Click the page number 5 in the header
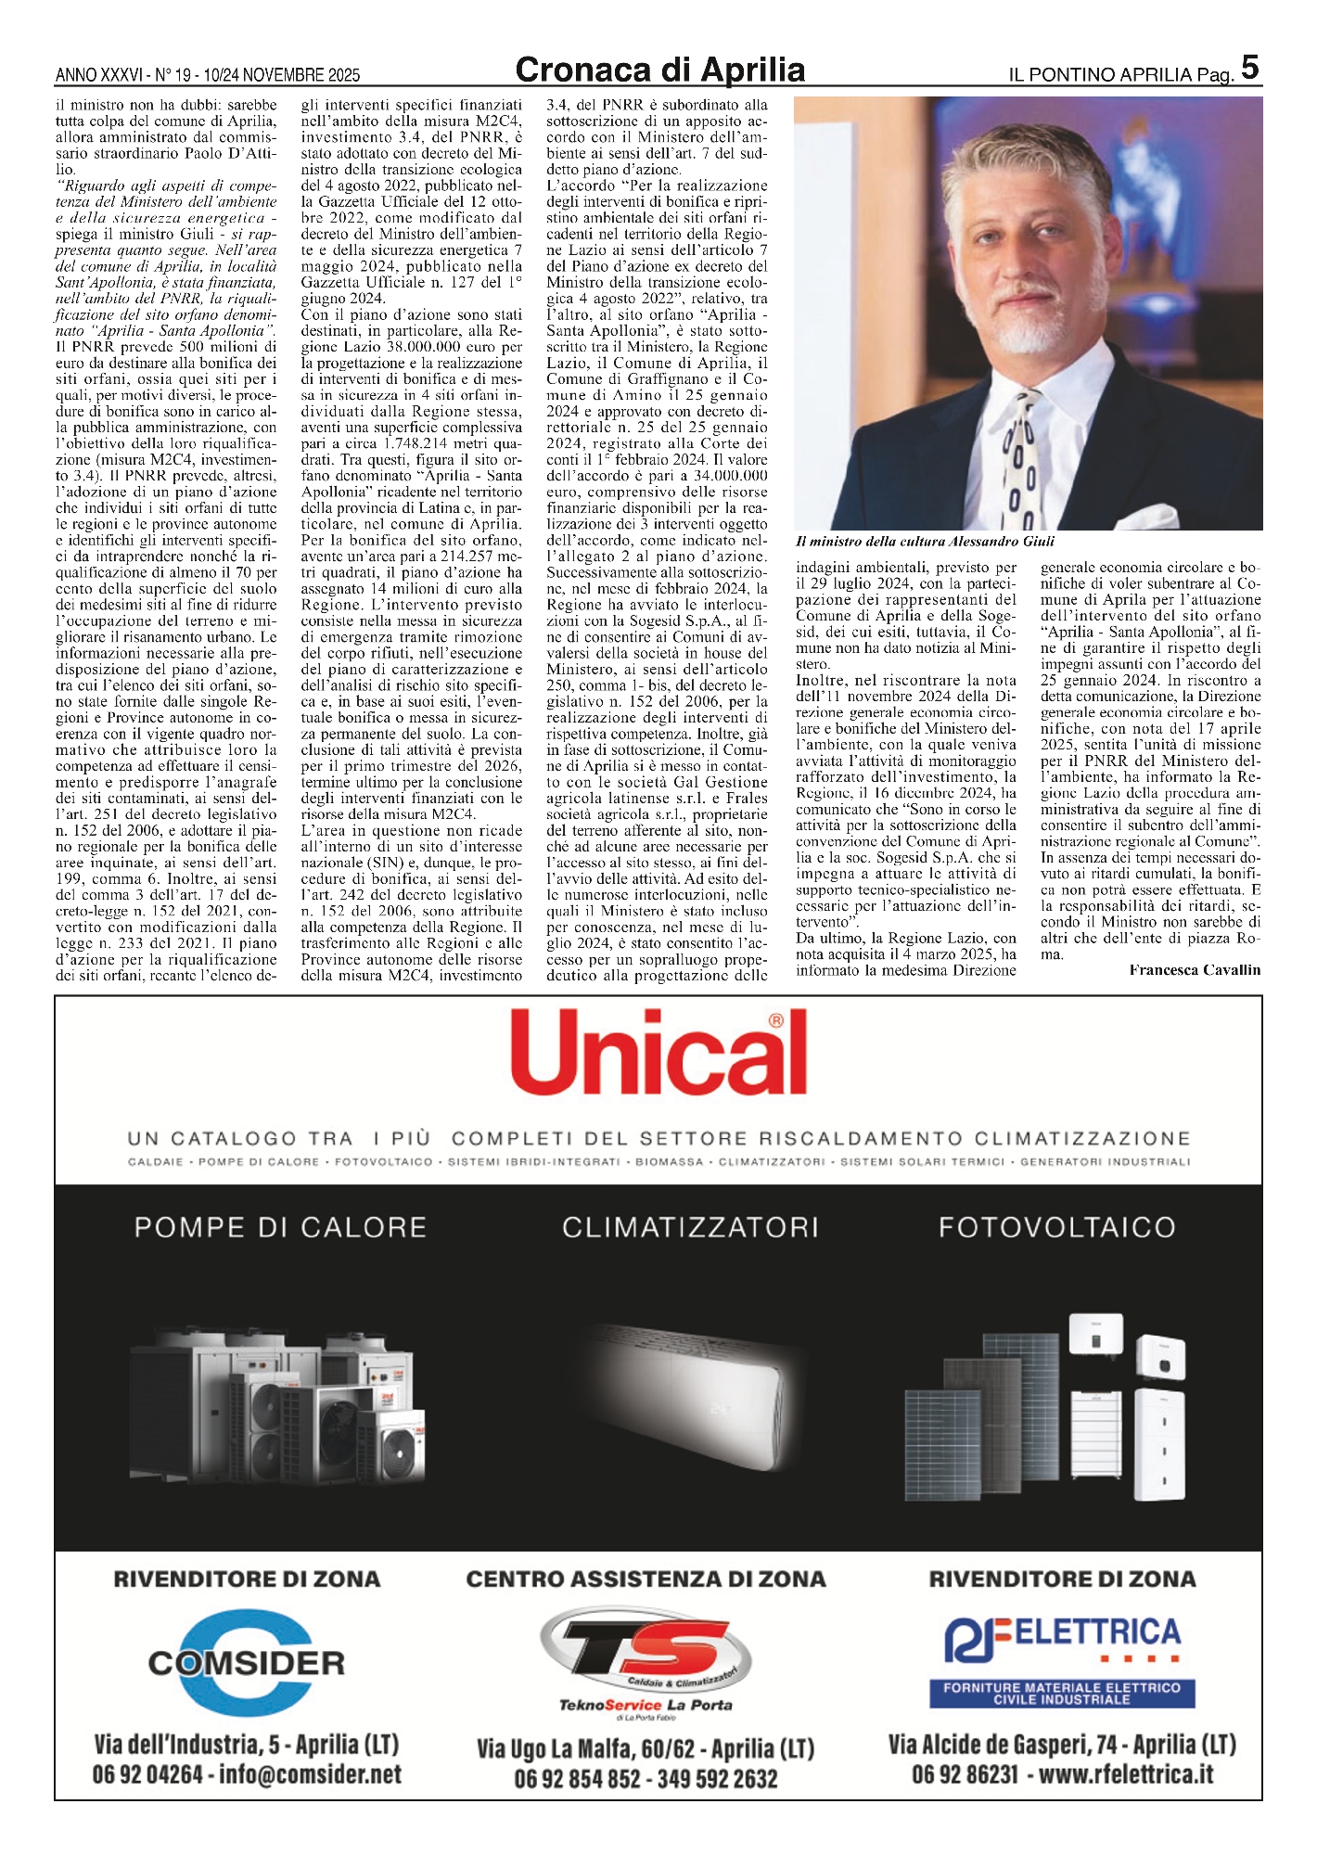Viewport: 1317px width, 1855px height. tap(1249, 67)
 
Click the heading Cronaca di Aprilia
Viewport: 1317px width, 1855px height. tap(659, 70)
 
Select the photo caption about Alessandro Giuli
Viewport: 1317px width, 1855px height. tap(925, 542)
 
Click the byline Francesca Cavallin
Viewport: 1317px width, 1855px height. tap(1195, 970)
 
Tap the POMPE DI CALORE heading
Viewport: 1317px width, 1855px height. tap(280, 1228)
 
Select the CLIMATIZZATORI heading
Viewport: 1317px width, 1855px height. tap(690, 1228)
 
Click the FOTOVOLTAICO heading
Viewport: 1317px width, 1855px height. tap(1057, 1228)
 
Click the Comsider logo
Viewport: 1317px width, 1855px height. tap(247, 1663)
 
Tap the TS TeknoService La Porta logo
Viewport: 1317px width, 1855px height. tap(646, 1663)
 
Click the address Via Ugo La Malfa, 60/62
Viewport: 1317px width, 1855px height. tap(586, 1749)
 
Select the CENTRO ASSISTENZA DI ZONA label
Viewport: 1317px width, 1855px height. tap(646, 1579)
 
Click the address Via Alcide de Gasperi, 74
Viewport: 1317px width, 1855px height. tap(1003, 1745)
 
